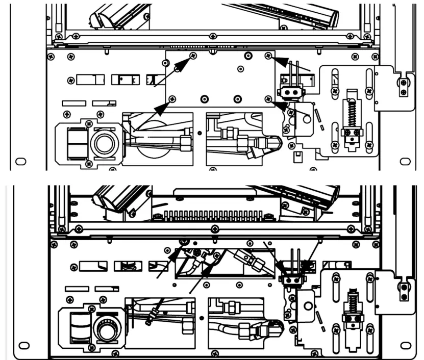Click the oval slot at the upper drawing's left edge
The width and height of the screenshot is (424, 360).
(21, 161)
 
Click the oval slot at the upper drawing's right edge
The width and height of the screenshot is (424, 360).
(405, 161)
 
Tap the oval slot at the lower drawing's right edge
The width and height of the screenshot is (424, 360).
(407, 345)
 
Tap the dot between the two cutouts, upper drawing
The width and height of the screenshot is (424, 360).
(199, 132)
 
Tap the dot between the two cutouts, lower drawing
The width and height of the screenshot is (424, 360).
(203, 317)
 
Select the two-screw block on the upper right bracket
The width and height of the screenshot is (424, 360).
(404, 87)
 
